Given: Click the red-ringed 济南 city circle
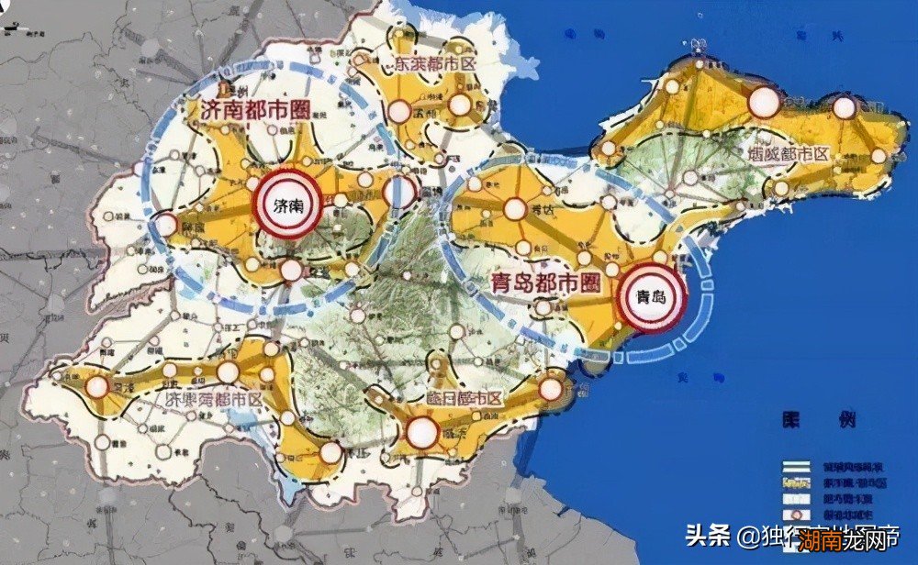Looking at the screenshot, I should (285, 205).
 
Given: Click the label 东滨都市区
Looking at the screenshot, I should (436, 64).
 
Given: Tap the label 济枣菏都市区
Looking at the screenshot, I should (207, 400).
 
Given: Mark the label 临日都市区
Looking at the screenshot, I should (466, 398).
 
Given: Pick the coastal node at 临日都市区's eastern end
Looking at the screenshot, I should (550, 388).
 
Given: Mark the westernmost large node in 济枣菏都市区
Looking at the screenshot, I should (96, 387).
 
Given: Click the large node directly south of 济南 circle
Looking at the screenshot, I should (290, 270).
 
